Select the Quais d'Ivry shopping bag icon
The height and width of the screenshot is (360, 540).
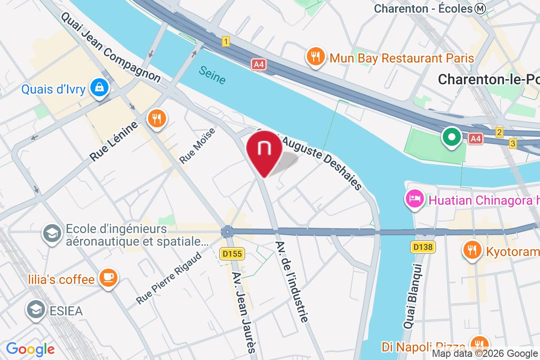click(x=98, y=88)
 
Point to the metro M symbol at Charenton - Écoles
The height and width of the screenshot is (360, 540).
click(x=481, y=8)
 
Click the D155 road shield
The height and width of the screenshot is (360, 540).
click(x=232, y=254)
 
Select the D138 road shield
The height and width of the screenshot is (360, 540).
click(x=423, y=247)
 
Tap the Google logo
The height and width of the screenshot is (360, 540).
click(x=30, y=349)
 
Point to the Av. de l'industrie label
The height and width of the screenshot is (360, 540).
click(x=292, y=281)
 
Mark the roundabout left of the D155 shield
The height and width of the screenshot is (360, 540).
click(x=227, y=232)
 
